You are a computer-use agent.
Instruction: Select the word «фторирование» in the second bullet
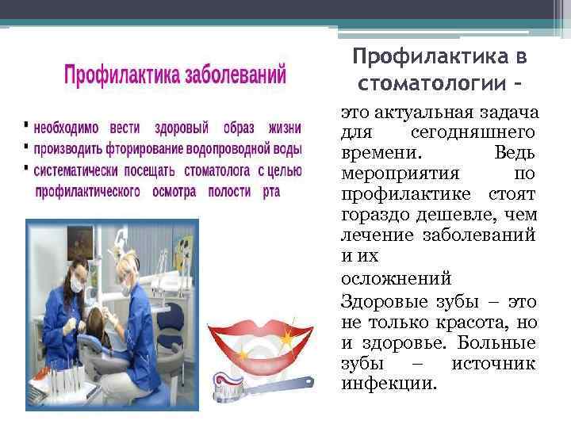(134, 148)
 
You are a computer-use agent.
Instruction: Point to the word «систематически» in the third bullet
(78, 170)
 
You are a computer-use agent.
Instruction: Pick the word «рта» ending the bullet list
(271, 191)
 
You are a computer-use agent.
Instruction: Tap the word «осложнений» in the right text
(397, 278)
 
